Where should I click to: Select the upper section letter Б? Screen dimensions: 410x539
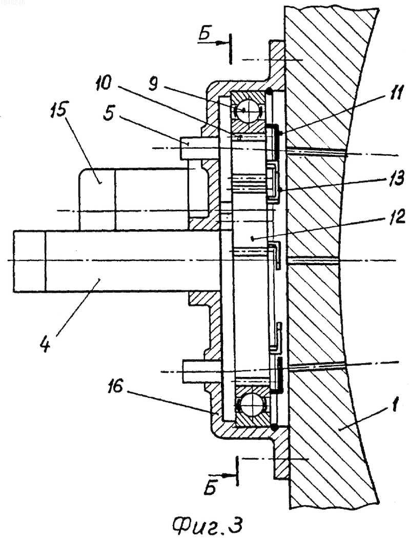(204, 35)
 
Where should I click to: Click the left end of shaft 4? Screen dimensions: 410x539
(14, 261)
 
